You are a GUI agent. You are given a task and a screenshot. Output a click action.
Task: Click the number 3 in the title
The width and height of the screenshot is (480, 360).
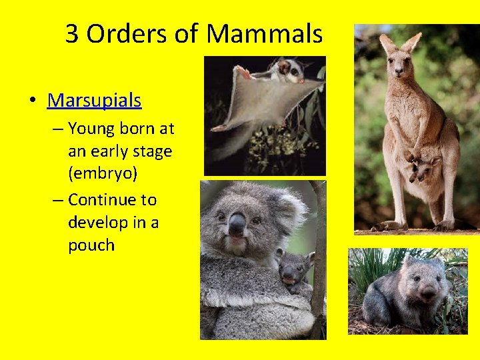(72, 33)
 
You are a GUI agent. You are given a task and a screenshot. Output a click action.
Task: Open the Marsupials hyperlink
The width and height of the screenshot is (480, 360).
(95, 101)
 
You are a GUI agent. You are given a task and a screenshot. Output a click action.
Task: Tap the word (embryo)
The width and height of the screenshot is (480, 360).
(103, 173)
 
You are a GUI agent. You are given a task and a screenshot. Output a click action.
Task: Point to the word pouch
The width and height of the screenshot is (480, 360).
(91, 245)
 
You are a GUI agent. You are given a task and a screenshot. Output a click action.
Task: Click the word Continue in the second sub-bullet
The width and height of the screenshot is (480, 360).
(112, 199)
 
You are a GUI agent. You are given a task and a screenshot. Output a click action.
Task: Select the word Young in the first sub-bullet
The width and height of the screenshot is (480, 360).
(91, 128)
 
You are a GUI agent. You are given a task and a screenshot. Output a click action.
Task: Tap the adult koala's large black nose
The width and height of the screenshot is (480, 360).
(237, 225)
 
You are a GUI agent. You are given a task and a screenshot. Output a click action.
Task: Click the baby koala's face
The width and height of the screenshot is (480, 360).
(290, 270)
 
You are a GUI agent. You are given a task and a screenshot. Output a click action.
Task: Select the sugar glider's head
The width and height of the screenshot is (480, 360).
(287, 68)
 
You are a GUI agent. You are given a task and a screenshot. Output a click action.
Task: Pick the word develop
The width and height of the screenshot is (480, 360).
(97, 222)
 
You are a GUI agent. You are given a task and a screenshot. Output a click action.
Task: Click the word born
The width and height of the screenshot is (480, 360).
(139, 128)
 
